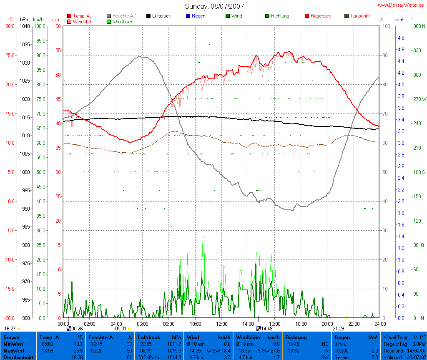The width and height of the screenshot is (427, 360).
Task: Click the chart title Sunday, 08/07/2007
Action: pos(214,6)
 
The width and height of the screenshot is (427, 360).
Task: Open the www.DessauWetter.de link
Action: pos(401,5)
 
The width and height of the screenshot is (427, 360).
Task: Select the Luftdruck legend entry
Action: pos(158,16)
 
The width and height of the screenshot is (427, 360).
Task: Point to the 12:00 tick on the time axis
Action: pos(221,324)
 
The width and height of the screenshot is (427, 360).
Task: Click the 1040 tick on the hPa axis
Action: pos(24,26)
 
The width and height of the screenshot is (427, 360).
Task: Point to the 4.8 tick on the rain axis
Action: pos(401,38)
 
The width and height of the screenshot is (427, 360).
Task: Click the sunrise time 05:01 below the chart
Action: pos(121,329)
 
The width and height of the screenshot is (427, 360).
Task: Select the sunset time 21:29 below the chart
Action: pos(338,329)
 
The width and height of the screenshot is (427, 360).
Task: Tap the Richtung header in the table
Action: pos(296,337)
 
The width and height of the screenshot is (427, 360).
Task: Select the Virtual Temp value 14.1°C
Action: pos(418,337)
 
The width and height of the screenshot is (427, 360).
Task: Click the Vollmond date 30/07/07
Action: pos(416,357)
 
